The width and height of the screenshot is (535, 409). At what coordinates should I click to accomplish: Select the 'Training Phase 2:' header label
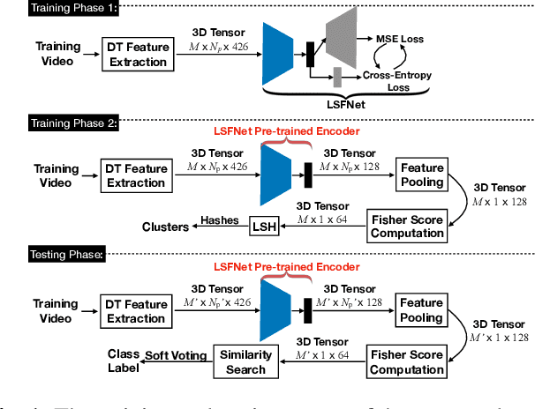coord(73,122)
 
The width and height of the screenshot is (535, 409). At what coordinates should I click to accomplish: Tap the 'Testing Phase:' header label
coord(65,255)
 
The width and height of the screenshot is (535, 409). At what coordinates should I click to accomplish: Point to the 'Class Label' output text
coord(124,361)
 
